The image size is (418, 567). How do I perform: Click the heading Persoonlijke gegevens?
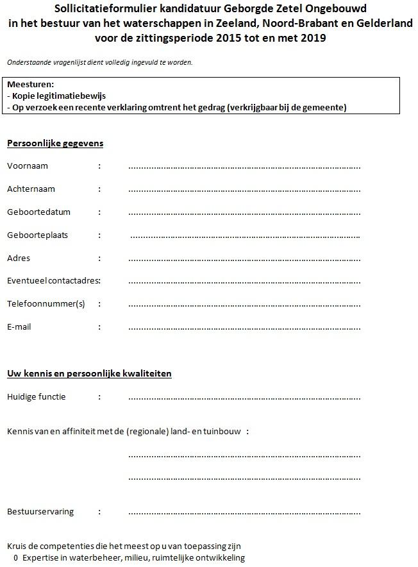[55, 143]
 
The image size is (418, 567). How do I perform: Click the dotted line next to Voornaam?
[244, 167]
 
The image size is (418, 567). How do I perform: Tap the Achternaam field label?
[31, 189]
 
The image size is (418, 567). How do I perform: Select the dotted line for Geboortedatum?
[244, 213]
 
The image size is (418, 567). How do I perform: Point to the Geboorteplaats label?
[37, 235]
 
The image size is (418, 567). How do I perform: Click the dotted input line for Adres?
[244, 259]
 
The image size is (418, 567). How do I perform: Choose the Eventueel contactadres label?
[54, 281]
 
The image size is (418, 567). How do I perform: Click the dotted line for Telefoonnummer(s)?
[244, 305]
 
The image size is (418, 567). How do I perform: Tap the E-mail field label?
[19, 327]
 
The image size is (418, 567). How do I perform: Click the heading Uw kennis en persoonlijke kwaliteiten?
[89, 373]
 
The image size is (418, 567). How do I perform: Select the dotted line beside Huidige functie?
[244, 398]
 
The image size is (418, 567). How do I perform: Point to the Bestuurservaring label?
[40, 512]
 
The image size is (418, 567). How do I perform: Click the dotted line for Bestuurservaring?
[244, 513]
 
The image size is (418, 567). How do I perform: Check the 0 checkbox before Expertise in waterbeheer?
[15, 558]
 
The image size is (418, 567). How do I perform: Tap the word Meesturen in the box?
[30, 84]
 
